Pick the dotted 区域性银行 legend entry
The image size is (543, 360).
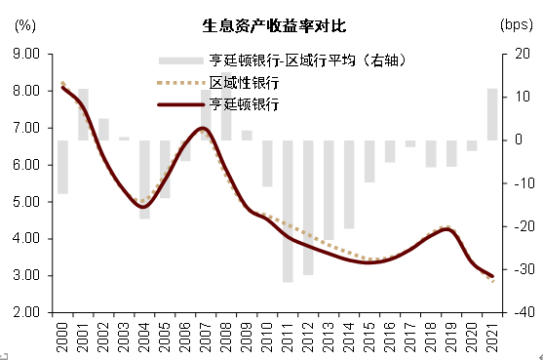click(245, 82)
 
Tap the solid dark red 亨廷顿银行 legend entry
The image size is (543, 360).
click(245, 103)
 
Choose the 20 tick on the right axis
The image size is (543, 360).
click(518, 54)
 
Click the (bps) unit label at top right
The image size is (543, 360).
click(514, 24)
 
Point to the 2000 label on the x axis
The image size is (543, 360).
click(61, 335)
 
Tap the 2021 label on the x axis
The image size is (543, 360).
click(492, 335)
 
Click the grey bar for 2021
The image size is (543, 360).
click(492, 114)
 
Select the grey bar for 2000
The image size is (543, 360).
click(62, 167)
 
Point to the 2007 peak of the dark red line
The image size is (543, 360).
click(202, 128)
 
